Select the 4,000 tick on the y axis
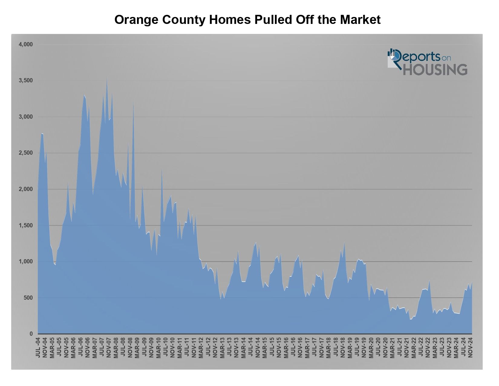[x=25, y=45]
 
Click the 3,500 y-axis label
[x=25, y=81]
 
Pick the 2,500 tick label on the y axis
[x=25, y=153]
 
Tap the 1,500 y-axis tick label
[x=25, y=226]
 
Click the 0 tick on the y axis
[x=31, y=334]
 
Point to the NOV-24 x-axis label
[x=471, y=347]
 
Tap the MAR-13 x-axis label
[x=223, y=347]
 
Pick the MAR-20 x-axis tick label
[x=371, y=347]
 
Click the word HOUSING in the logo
[x=435, y=69]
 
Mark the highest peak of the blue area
[x=107, y=78]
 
